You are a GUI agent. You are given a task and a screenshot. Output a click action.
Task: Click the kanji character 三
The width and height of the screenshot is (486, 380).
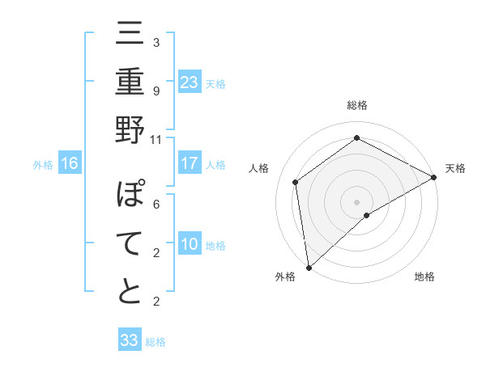click(130, 36)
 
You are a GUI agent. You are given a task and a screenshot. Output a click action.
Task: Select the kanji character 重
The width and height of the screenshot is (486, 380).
click(130, 82)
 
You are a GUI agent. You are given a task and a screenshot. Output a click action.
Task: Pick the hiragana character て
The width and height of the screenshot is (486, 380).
click(130, 244)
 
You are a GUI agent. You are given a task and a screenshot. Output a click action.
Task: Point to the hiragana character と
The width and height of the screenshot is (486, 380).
click(130, 292)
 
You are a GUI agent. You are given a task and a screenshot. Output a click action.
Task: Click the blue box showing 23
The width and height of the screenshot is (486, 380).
click(190, 82)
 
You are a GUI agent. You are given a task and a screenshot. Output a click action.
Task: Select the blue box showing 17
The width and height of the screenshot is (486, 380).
click(190, 163)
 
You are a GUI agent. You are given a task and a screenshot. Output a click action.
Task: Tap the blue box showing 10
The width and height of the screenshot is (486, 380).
click(190, 244)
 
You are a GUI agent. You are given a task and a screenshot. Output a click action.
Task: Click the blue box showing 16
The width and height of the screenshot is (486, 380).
click(70, 163)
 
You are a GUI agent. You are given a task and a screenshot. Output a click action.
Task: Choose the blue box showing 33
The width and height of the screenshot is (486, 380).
click(130, 340)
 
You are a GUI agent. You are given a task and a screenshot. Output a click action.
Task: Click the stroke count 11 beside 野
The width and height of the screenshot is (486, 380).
click(156, 139)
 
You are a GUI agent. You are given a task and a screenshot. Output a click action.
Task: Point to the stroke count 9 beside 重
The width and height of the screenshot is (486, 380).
click(156, 91)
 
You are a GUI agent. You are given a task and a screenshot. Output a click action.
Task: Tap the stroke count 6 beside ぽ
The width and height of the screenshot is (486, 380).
click(156, 205)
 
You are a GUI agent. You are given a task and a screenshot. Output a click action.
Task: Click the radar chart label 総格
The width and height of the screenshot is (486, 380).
click(357, 106)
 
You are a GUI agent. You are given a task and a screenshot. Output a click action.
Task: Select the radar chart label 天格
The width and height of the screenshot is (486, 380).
click(455, 168)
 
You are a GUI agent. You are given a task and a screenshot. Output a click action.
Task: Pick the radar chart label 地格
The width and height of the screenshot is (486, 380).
click(424, 277)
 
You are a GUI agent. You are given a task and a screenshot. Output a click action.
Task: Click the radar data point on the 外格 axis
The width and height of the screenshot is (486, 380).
click(308, 267)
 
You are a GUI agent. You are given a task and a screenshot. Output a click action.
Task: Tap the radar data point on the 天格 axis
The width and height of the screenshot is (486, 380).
click(434, 177)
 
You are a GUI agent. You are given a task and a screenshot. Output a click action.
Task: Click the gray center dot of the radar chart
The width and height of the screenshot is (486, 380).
click(356, 201)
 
